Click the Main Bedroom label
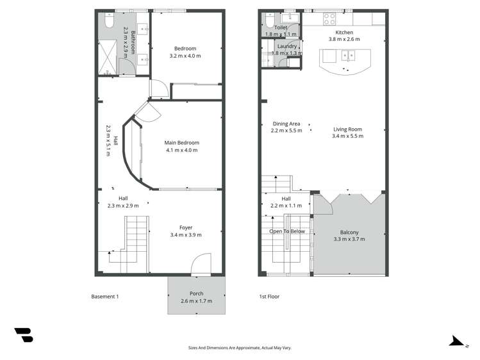coord(181,143)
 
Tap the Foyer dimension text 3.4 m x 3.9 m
coord(185,235)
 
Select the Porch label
coord(196,293)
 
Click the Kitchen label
coord(344,32)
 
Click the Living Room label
coord(347,129)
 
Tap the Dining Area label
coord(286,124)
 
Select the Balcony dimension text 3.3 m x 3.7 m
coord(349,239)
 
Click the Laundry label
coord(286,46)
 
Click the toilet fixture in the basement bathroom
coord(108,22)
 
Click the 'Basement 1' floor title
coord(105,297)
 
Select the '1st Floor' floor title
coord(269,297)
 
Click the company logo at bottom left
coord(24,334)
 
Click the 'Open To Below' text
coord(286,231)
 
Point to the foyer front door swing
coord(201,263)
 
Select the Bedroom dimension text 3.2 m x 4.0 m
coord(185,56)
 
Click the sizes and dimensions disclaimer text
coord(240,348)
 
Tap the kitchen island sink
coord(349,54)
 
